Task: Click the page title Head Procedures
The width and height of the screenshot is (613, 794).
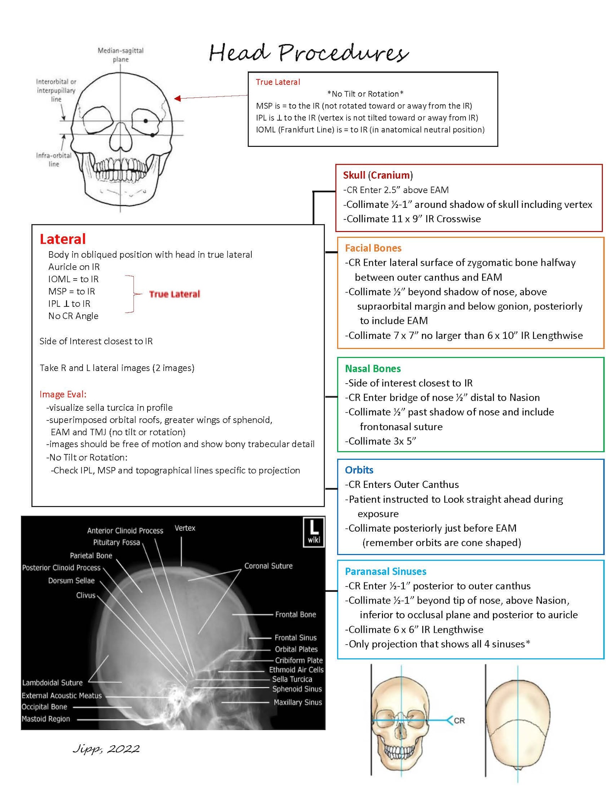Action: click(308, 53)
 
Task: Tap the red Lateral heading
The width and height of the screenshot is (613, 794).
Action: click(63, 239)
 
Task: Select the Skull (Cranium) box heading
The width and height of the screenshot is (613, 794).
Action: click(378, 175)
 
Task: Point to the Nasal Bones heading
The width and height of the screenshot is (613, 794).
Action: click(373, 369)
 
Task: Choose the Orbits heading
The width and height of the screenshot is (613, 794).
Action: click(359, 470)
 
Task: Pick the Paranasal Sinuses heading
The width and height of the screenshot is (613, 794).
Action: click(385, 571)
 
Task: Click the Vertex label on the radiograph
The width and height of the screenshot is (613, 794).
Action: click(185, 528)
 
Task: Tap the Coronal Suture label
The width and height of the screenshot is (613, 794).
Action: click(268, 566)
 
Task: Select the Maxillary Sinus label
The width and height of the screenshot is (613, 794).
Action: click(298, 702)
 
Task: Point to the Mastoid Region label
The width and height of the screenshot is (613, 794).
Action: click(46, 719)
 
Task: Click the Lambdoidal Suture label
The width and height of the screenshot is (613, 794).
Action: click(52, 683)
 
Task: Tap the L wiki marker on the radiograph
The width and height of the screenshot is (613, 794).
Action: click(313, 532)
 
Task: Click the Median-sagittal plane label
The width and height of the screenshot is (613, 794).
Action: click(120, 55)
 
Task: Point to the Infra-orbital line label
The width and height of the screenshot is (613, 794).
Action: click(54, 160)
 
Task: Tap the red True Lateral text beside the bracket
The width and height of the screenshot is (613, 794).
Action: click(174, 294)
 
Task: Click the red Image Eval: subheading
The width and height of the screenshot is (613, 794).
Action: click(63, 394)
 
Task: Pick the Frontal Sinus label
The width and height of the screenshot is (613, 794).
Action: click(295, 638)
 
